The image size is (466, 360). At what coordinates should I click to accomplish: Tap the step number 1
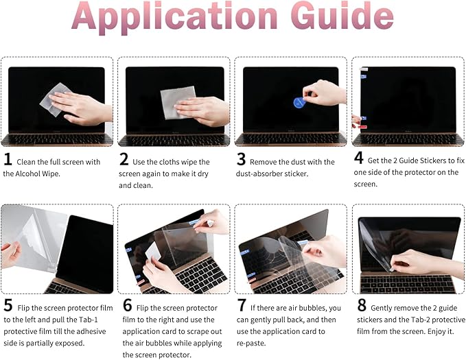tap(8, 160)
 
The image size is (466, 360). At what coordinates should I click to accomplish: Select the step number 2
tap(124, 160)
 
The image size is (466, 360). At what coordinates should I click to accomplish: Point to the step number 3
tap(242, 160)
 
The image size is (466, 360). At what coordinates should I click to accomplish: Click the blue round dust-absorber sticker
tap(299, 103)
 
